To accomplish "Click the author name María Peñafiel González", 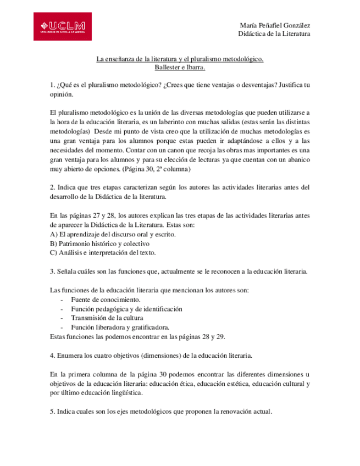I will click(x=275, y=25).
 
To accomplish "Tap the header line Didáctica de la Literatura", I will click(x=274, y=34).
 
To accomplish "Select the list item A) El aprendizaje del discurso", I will click(x=113, y=235).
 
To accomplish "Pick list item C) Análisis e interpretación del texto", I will click(x=103, y=253).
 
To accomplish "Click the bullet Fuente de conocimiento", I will click(x=105, y=299).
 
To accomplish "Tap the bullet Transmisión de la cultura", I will click(x=107, y=318).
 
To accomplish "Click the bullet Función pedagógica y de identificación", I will click(x=125, y=309).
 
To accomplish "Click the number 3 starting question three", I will click(x=51, y=271).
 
